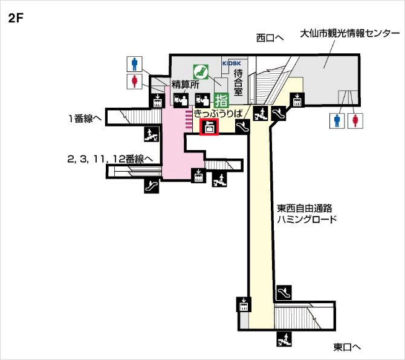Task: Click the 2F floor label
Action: [x=16, y=18]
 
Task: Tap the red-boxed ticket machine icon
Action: [x=209, y=128]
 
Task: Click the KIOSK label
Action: [x=231, y=63]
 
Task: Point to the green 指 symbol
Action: [x=221, y=99]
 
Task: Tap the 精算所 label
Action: [x=185, y=85]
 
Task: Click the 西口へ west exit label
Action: [x=270, y=38]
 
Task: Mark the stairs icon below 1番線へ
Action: [x=151, y=134]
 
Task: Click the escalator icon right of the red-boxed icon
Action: [x=242, y=126]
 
